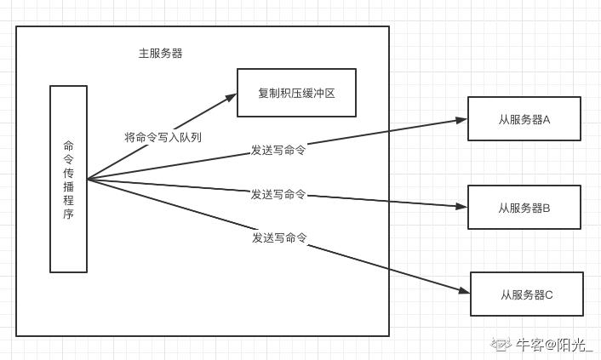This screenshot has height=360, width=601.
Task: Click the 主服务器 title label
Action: click(x=160, y=53)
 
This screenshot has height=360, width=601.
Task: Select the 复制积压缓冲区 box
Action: click(x=295, y=93)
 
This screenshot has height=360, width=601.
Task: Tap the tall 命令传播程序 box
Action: click(x=68, y=179)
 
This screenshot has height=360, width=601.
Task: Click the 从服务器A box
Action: click(x=524, y=119)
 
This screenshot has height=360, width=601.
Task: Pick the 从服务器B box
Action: click(x=524, y=208)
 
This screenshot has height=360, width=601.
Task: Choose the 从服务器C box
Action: click(x=526, y=294)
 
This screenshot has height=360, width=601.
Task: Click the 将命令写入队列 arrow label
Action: click(x=163, y=137)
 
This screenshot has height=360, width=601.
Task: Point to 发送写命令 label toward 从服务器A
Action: click(x=278, y=150)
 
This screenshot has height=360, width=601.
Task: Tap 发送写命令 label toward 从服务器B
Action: click(x=278, y=194)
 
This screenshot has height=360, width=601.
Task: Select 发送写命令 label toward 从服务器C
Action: click(x=279, y=237)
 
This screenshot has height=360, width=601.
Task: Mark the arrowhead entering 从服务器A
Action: click(x=461, y=120)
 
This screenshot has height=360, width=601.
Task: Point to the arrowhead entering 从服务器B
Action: click(x=461, y=207)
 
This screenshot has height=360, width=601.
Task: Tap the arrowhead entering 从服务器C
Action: click(x=464, y=291)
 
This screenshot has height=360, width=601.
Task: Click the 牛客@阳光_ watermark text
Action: click(x=553, y=345)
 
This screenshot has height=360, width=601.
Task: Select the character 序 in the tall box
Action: click(x=68, y=214)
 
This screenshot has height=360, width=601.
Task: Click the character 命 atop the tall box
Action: click(x=68, y=145)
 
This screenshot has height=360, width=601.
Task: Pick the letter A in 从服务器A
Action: click(x=547, y=119)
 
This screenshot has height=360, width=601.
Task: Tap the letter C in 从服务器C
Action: click(x=549, y=294)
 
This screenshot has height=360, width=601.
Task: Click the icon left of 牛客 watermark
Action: click(x=500, y=344)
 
